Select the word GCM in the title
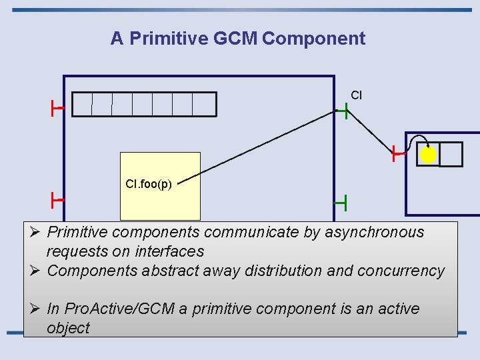point(235,39)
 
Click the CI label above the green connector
point(356,95)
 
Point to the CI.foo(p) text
point(148,184)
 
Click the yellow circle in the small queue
point(428,155)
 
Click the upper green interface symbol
point(342,112)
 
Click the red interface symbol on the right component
point(398,154)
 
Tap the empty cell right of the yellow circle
point(451,154)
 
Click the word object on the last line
point(68,328)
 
